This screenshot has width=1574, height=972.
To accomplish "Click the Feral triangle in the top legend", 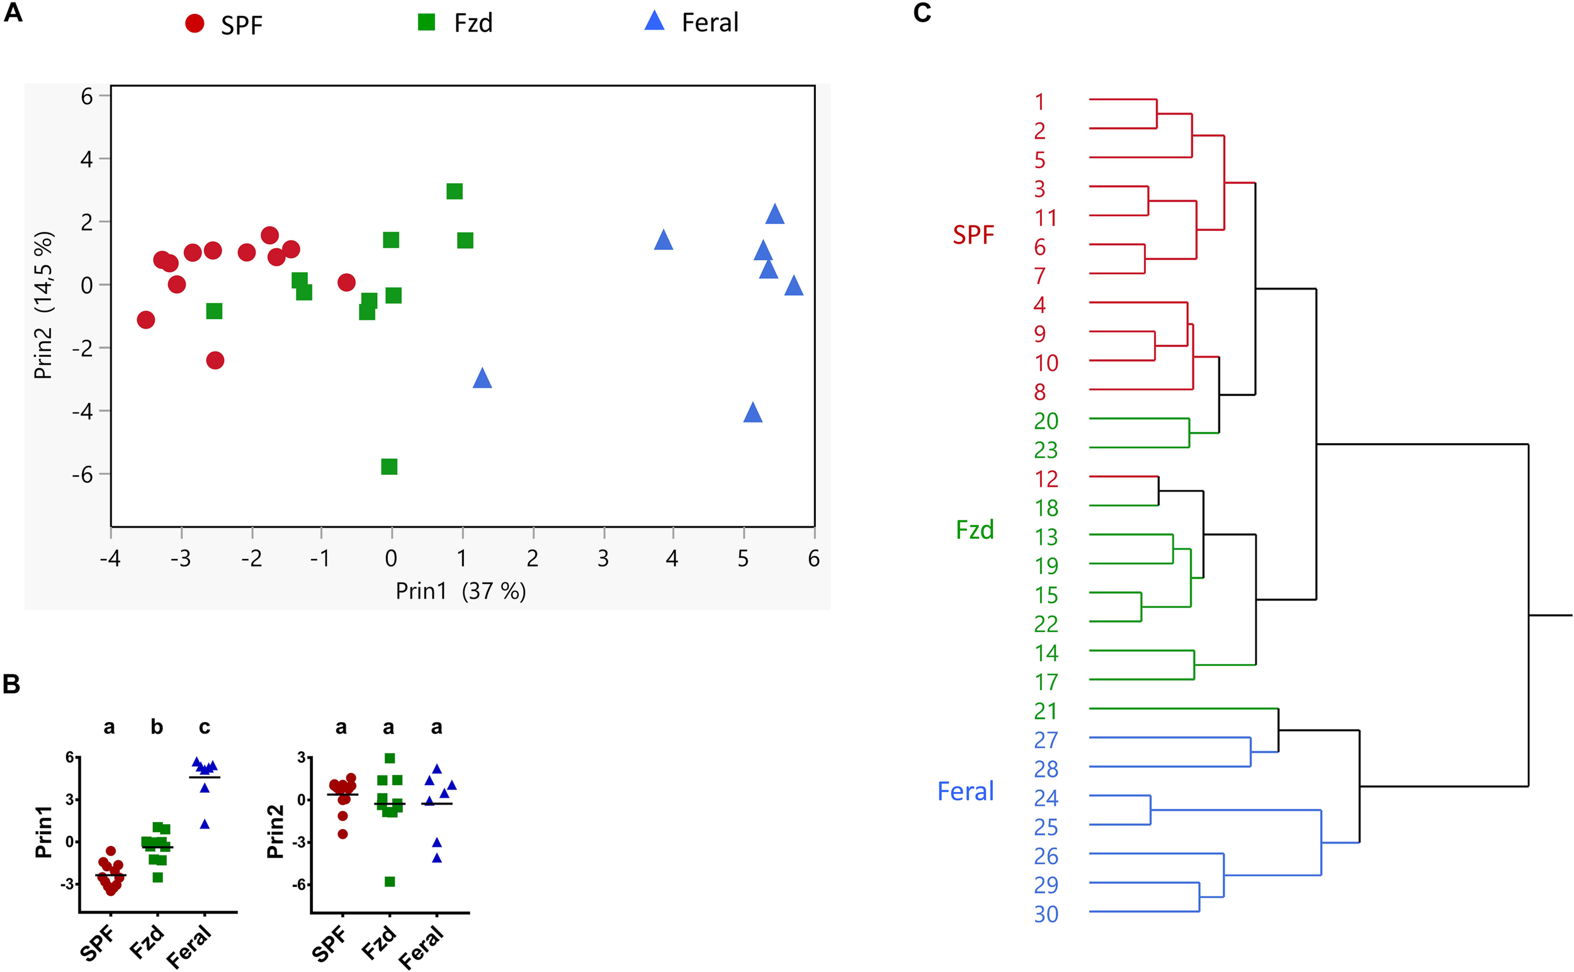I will [654, 21].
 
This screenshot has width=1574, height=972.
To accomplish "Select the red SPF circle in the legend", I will [194, 24].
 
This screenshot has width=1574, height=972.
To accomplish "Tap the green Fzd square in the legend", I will [426, 23].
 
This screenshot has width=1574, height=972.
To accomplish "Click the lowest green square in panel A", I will [389, 466].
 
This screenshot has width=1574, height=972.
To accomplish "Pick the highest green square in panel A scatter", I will [455, 191].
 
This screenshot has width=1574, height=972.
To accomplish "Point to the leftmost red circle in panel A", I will [146, 320].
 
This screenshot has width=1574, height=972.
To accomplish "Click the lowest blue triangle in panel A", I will [752, 413].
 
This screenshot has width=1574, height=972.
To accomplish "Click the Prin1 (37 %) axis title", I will [460, 591].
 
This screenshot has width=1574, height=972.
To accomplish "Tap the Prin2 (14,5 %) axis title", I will [43, 305].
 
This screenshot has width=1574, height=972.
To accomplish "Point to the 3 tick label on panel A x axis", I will [603, 558].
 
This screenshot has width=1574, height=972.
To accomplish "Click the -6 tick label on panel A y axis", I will [82, 475].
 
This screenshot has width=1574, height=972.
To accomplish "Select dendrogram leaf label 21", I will [1046, 711].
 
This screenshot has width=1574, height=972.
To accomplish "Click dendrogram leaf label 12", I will [1046, 479].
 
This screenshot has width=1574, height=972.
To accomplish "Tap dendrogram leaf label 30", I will [1046, 914].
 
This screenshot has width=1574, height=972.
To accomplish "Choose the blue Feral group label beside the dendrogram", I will [965, 791].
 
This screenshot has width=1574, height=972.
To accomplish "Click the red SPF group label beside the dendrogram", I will [973, 235].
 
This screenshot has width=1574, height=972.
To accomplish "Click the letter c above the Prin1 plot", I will [205, 727].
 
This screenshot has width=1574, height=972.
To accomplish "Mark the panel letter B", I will [11, 685].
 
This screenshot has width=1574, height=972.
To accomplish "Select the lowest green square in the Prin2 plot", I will [390, 881].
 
